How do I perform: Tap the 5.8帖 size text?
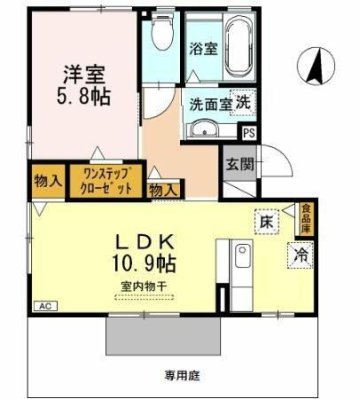pos(84,97)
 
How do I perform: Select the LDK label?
pos(148,240)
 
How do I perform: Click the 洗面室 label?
pos(209,103)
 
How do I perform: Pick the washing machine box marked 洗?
pos(241,101)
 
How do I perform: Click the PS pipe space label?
pos(249,134)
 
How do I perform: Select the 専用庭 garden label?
pos(179,375)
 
